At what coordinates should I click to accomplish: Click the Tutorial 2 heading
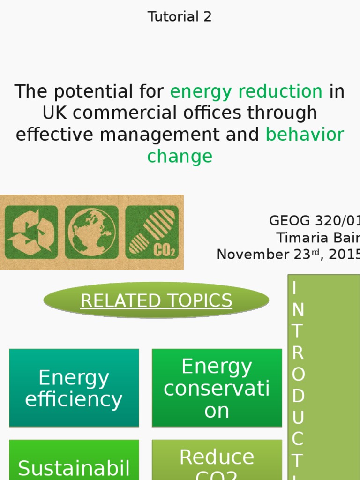click(180, 17)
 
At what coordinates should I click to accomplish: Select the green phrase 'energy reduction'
click(246, 91)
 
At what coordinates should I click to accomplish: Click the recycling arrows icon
click(31, 232)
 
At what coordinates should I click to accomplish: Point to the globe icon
click(91, 232)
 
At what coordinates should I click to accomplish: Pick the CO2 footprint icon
click(152, 232)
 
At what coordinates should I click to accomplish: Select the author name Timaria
click(300, 238)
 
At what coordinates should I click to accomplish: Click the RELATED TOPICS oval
click(156, 300)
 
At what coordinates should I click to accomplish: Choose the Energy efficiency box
click(74, 388)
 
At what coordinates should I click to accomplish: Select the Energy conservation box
click(217, 388)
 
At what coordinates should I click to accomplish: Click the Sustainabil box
click(74, 462)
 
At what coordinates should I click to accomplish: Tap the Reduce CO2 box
click(217, 462)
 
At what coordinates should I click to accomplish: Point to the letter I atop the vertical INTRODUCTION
click(294, 288)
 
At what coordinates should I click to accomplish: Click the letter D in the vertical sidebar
click(298, 396)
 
